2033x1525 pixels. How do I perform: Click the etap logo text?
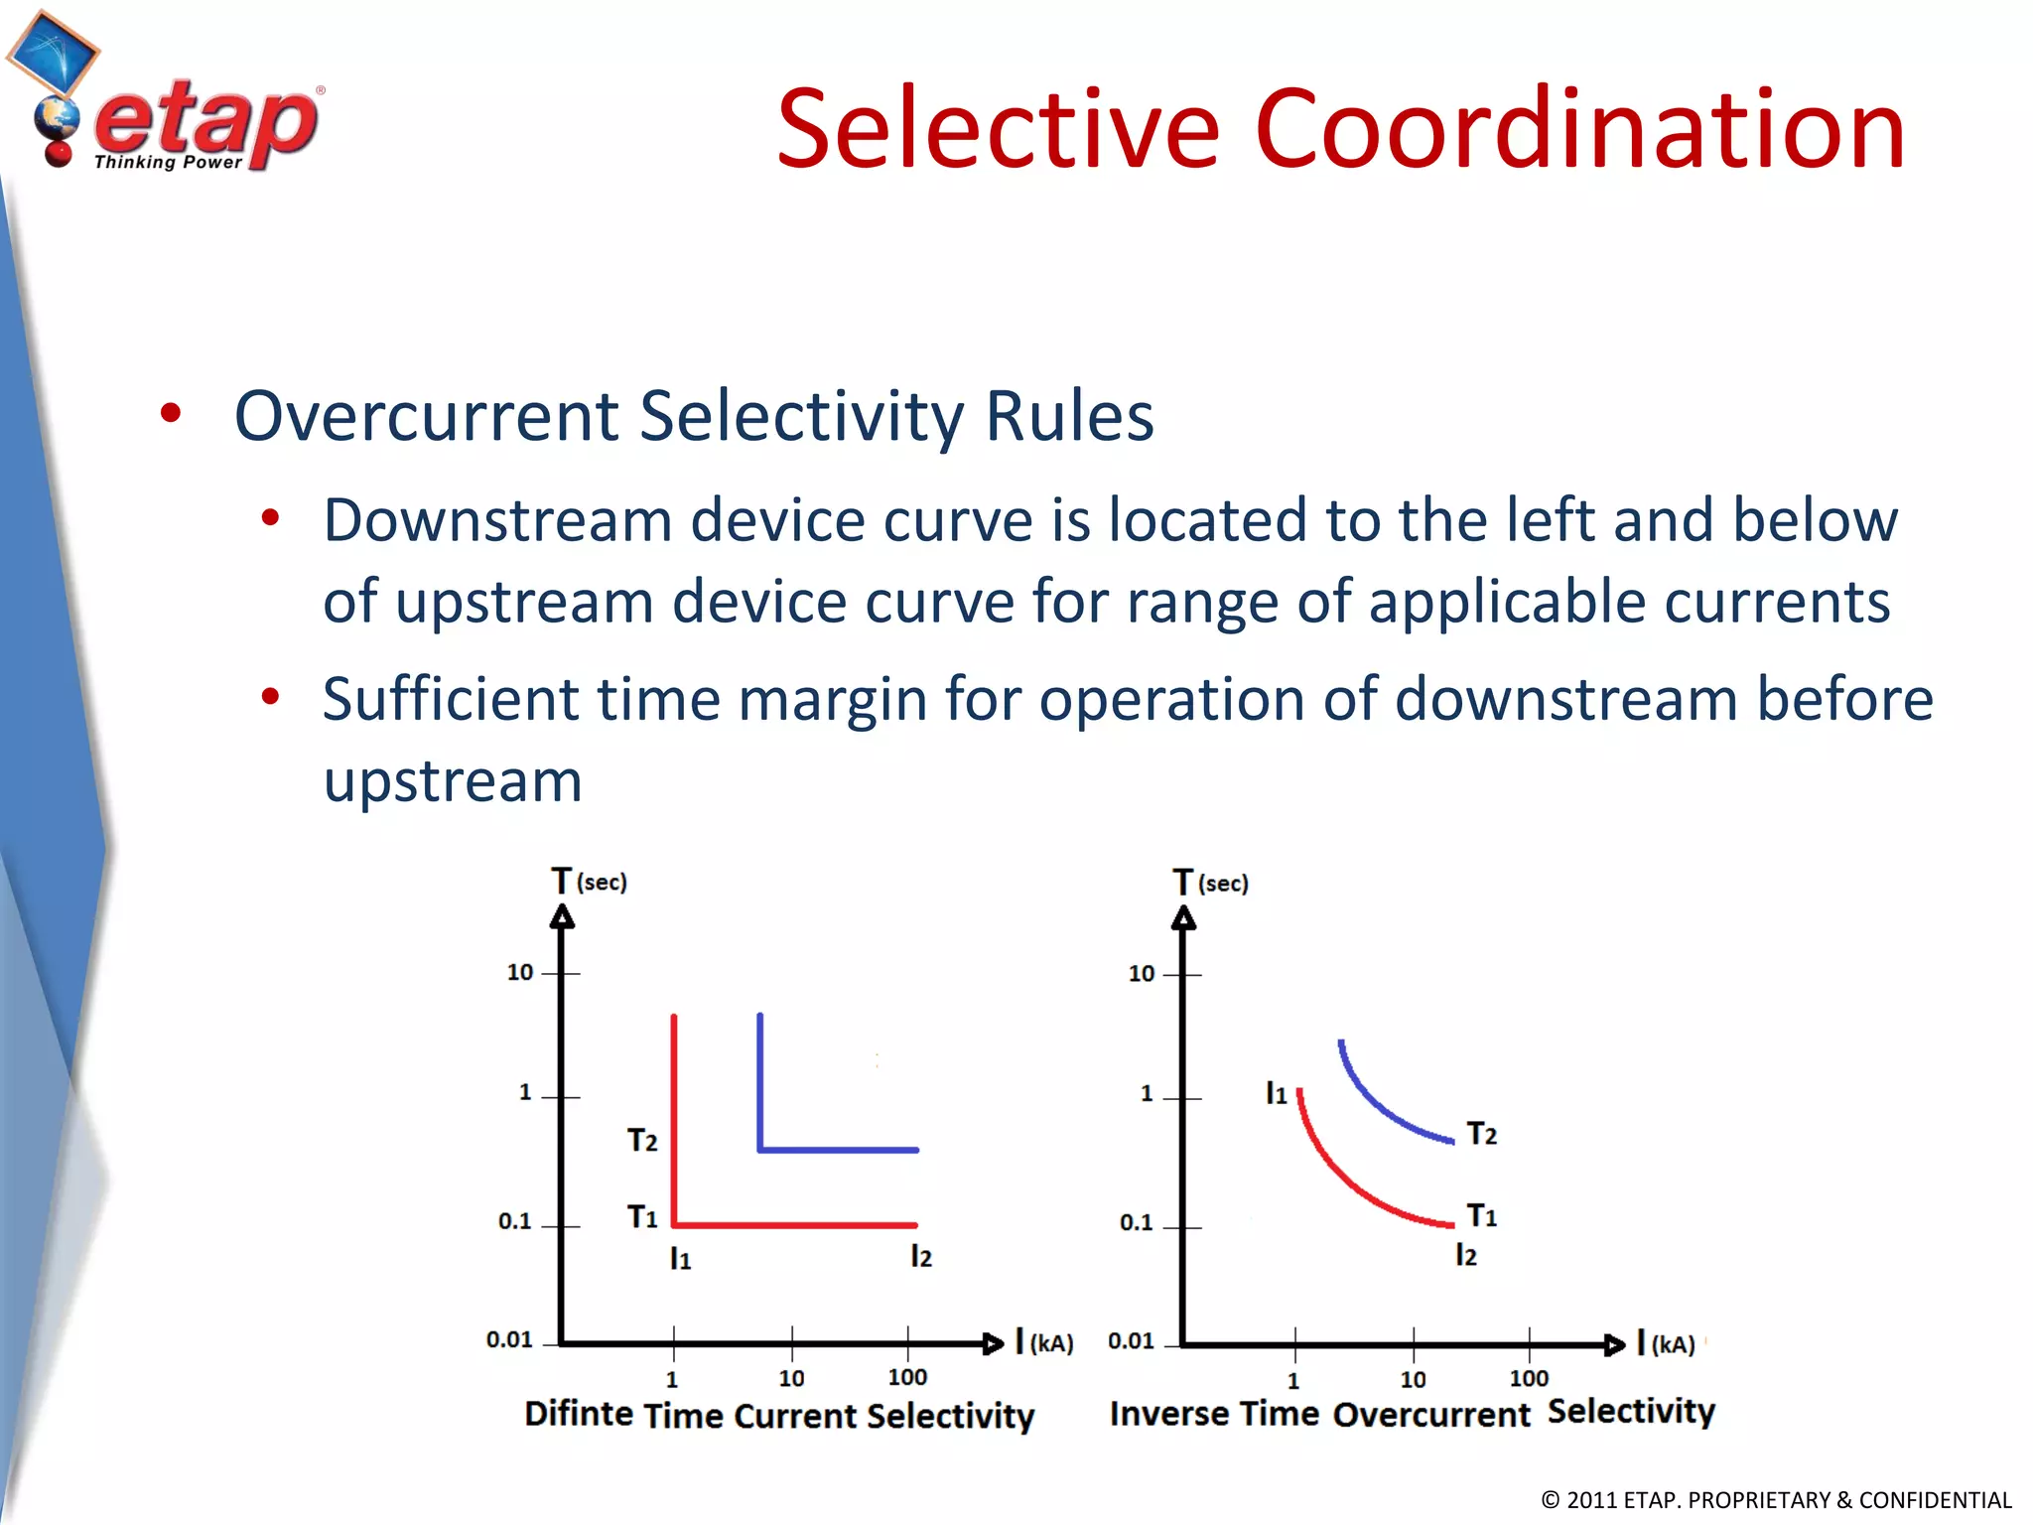(206, 121)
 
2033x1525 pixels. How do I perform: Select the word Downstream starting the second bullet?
(497, 521)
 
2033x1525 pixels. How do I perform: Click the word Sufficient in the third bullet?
(450, 699)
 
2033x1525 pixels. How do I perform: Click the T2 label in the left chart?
(642, 1140)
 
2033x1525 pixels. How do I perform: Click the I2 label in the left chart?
(921, 1257)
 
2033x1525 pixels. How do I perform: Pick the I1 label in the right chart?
(1276, 1094)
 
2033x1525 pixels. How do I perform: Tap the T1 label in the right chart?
(1481, 1215)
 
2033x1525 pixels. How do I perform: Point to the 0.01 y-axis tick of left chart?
(509, 1340)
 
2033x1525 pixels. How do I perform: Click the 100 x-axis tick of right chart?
(1529, 1378)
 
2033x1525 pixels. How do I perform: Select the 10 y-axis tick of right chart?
(1142, 974)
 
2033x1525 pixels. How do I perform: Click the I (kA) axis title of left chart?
(1044, 1342)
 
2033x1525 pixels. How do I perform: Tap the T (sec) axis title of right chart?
(1210, 882)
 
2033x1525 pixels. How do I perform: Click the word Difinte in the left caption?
(578, 1413)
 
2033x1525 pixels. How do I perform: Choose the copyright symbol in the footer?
(1551, 1500)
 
